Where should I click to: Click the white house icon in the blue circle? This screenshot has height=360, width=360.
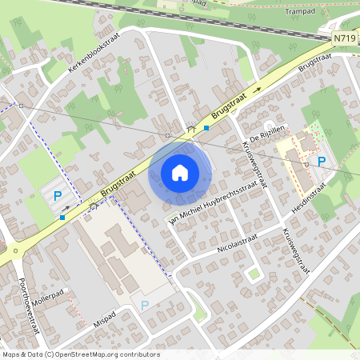point(180,172)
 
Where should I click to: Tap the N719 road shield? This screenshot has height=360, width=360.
point(344,38)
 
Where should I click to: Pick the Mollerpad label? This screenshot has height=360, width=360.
point(46,293)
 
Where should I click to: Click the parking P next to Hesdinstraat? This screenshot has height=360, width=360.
point(322,161)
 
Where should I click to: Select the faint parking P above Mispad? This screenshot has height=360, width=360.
point(145,305)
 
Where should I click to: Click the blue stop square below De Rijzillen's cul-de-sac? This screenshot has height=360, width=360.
point(206,128)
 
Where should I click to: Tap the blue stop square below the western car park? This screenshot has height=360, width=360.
point(62,216)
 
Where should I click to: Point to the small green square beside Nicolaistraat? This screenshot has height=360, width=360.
point(254,274)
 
